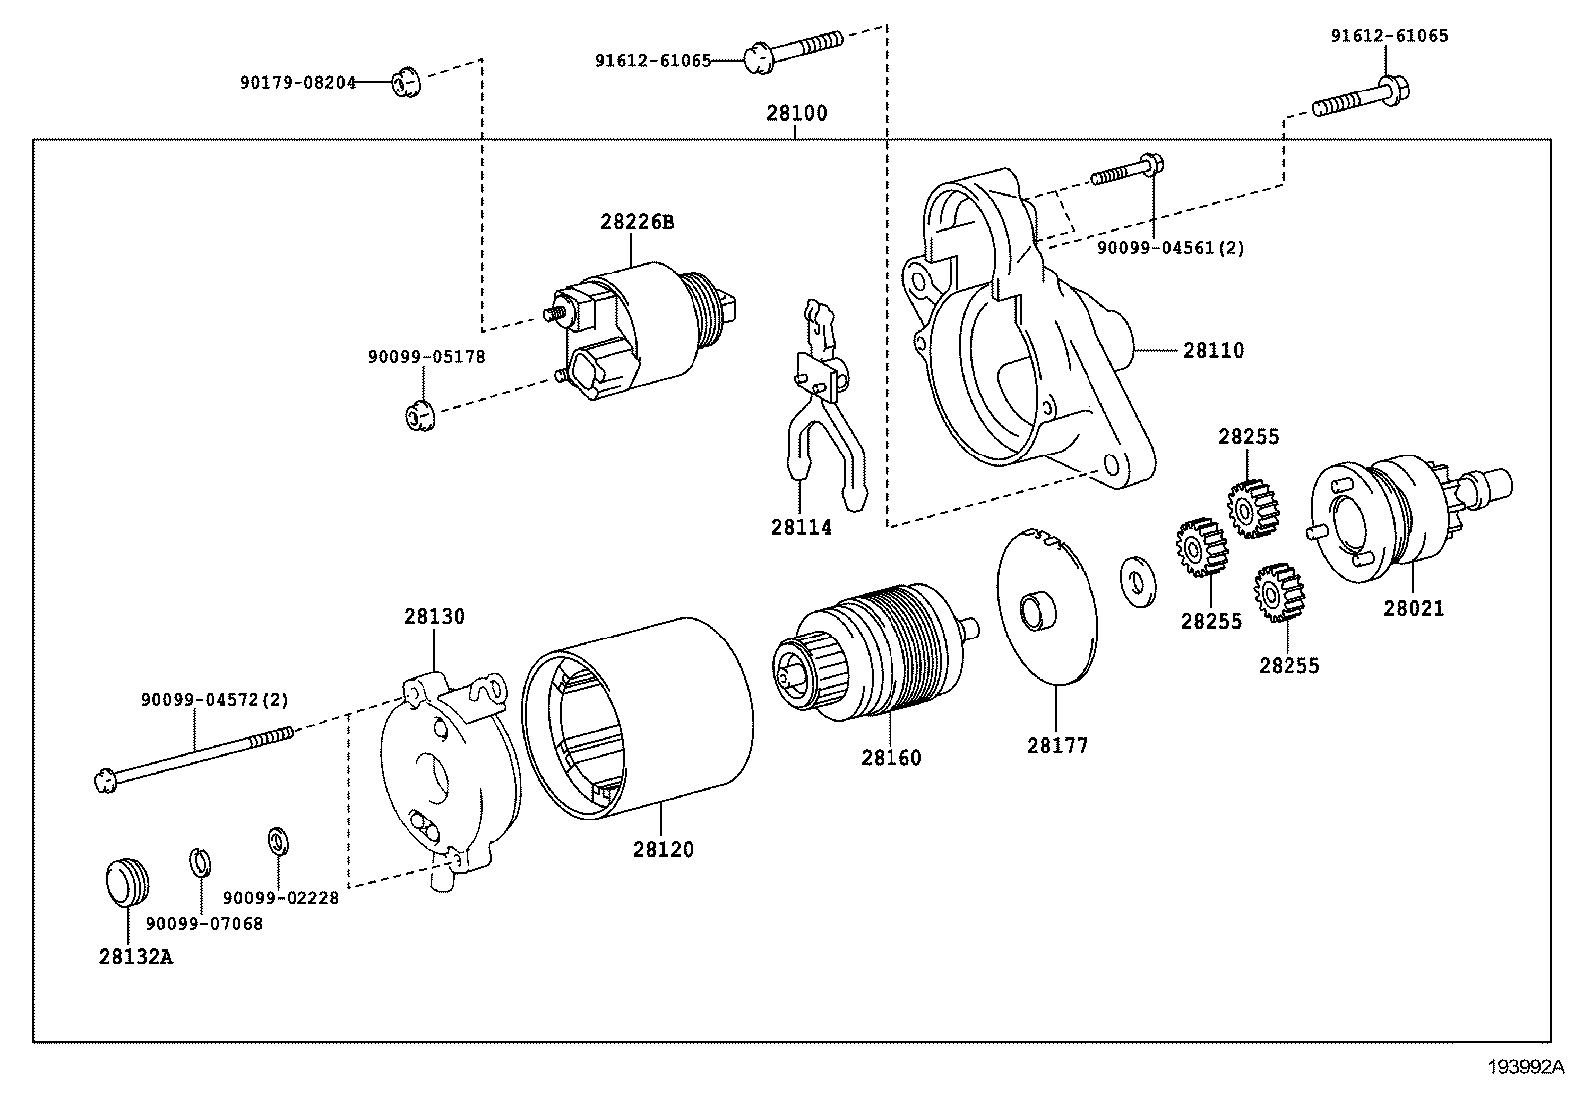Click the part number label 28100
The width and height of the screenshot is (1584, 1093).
(x=796, y=113)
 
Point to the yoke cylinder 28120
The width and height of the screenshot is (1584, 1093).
(x=637, y=717)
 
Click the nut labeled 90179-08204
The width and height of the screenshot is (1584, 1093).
(x=404, y=83)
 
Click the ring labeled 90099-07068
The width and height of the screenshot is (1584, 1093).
(x=200, y=861)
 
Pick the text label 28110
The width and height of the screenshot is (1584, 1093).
(x=1213, y=351)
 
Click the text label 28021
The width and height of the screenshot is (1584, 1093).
(x=1413, y=608)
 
